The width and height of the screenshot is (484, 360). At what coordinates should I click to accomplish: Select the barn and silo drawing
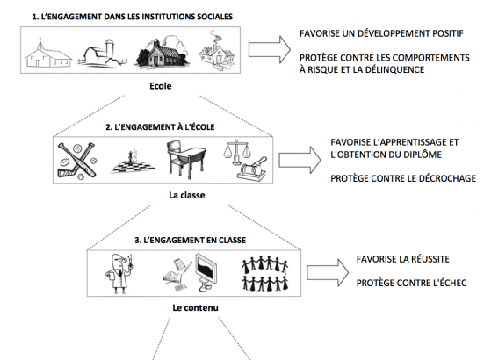point(102,53)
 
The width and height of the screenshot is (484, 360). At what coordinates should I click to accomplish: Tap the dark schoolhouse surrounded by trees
point(163,52)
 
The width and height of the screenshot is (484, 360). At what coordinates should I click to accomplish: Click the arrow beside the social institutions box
point(269,50)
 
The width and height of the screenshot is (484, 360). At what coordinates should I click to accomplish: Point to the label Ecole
point(161,86)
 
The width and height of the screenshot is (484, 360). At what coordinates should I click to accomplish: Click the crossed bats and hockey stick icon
point(77,161)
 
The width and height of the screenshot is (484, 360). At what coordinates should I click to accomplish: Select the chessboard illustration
point(133,163)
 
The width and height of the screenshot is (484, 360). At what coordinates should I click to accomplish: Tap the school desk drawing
point(186,160)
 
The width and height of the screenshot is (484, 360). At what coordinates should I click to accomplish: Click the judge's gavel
point(252,169)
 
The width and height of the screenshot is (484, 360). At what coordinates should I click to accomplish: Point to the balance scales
point(237,152)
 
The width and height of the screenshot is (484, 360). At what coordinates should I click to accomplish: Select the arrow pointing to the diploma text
point(300,160)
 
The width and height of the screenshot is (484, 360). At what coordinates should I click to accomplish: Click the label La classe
point(187,195)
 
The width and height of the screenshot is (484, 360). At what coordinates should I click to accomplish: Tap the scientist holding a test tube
point(119,274)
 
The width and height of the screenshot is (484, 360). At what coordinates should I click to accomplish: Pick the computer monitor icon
point(206,272)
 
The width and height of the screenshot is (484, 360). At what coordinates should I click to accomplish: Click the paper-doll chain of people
point(265,273)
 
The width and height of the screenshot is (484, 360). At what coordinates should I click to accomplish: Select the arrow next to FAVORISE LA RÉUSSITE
point(328,273)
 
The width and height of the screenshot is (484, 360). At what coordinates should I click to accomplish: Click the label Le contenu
point(195,307)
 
